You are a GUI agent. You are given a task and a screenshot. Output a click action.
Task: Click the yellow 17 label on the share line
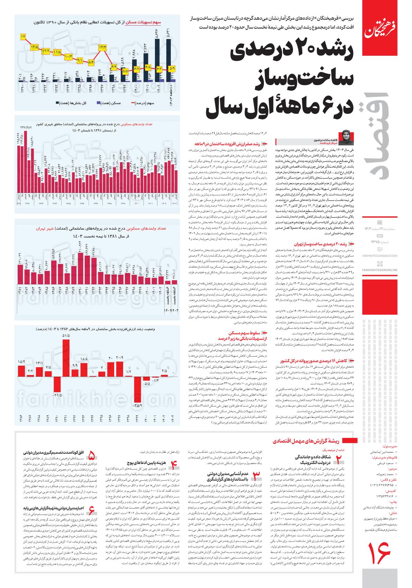[x=23, y=36]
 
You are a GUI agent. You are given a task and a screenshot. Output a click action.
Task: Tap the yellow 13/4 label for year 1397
[x=103, y=47]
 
